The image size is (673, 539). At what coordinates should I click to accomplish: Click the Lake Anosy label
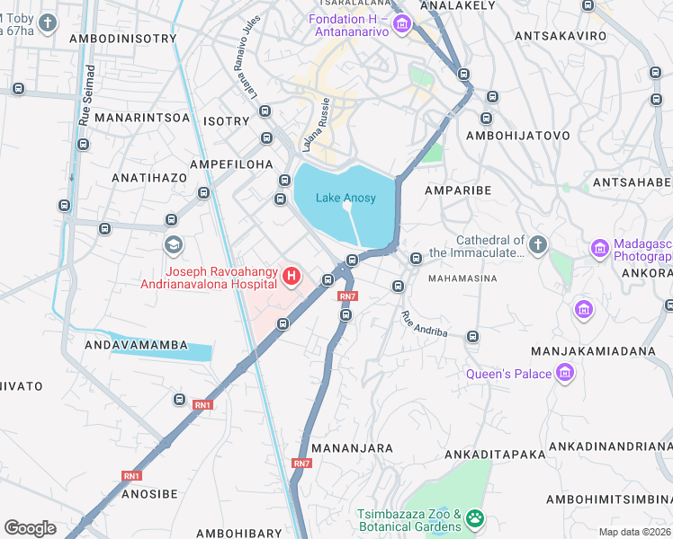point(345,198)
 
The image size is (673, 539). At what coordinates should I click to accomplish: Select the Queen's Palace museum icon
point(565,373)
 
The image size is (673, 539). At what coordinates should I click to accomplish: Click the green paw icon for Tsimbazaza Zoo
point(474,518)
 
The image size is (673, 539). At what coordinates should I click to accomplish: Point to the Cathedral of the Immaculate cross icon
point(537,244)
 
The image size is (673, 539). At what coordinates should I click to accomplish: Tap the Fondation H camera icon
point(401,23)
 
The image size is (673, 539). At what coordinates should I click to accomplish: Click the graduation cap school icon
point(172,244)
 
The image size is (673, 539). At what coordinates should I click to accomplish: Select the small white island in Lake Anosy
point(347,207)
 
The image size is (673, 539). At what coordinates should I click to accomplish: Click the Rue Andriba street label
point(424,323)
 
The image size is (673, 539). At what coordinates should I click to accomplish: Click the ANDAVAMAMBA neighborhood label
point(136,344)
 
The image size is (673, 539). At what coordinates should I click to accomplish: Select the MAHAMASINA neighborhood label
point(462,278)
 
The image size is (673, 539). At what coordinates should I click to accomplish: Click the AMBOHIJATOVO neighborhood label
point(518,136)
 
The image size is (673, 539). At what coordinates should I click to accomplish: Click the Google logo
point(30,528)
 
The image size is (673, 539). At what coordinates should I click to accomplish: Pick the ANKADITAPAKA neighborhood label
point(489,455)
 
